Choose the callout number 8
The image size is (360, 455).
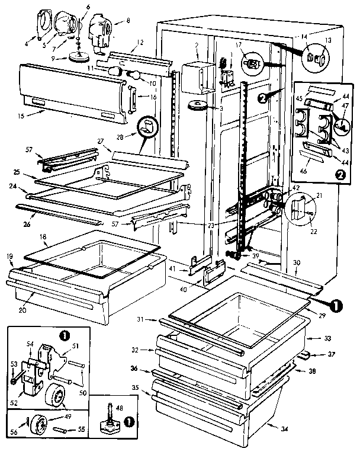(128, 20)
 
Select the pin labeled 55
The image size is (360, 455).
(63, 426)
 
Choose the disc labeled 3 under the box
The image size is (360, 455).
(195, 106)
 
